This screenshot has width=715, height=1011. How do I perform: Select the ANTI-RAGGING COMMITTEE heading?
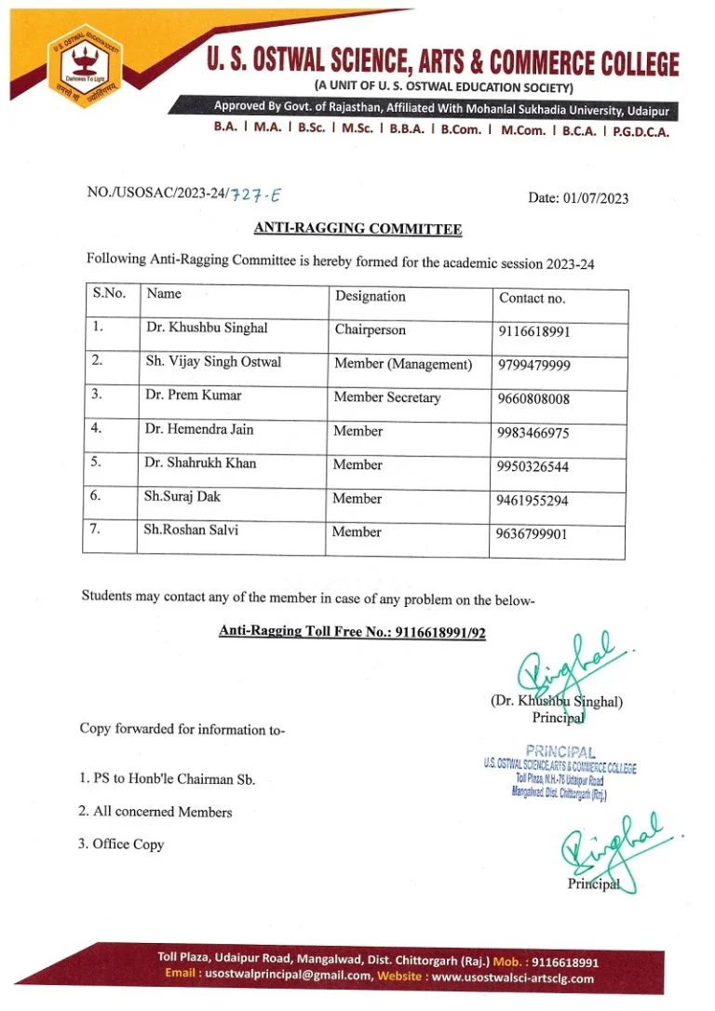[x=357, y=229]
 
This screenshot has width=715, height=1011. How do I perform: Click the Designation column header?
[x=370, y=297]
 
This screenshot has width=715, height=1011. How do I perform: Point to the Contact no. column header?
[x=532, y=299]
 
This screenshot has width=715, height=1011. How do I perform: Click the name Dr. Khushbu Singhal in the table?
[x=206, y=329]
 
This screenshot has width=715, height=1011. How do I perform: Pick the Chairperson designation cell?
[x=370, y=330]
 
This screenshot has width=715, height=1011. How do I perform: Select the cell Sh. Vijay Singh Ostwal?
[x=212, y=362]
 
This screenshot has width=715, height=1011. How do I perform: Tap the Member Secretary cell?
[x=386, y=398]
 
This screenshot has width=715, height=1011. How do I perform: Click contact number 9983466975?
[x=533, y=434]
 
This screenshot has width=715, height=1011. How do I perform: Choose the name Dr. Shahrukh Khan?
[x=200, y=464]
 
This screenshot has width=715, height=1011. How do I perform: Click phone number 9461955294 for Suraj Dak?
[x=533, y=501]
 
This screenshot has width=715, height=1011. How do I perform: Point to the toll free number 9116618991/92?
[x=440, y=631]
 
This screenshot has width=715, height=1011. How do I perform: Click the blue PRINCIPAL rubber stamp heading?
[x=560, y=751]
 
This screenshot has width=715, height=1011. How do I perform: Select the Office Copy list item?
[x=128, y=844]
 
